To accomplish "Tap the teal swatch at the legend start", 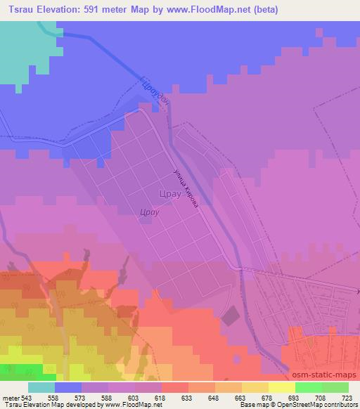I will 41,387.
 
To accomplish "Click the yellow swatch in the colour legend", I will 281,387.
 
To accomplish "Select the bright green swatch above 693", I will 308,387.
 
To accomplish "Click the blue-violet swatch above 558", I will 68,387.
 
